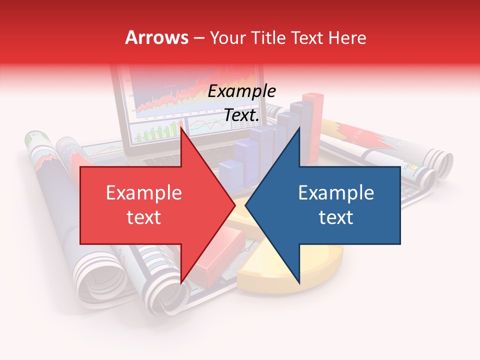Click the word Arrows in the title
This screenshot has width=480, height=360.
click(x=156, y=37)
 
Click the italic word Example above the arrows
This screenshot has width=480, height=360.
click(x=241, y=91)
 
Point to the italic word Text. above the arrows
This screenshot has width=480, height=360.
click(x=241, y=115)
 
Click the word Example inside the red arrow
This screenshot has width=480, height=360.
click(x=144, y=193)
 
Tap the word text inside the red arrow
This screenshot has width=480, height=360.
click(x=144, y=217)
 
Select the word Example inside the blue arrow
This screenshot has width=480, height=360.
click(x=336, y=193)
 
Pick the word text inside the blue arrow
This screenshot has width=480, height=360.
click(x=336, y=217)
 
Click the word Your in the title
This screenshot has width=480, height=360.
click(x=228, y=37)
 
